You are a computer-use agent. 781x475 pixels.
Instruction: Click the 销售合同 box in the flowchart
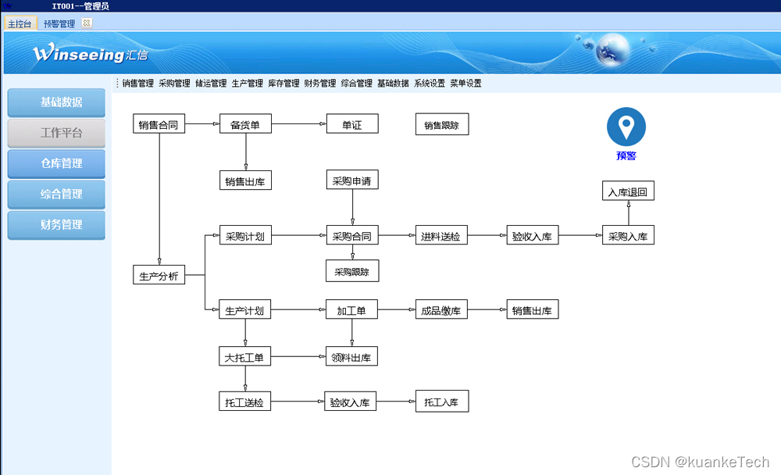coord(159,124)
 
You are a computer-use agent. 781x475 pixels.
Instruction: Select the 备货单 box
coord(245,124)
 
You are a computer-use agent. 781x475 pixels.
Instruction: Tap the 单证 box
coord(351,124)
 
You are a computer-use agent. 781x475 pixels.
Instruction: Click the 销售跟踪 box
coord(442,124)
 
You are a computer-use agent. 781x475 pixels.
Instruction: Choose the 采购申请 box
coord(351,180)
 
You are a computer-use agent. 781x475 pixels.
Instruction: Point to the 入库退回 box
coord(628,191)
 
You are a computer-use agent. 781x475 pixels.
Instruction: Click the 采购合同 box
coord(351,236)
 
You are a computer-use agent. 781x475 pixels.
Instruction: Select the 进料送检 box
coord(441,236)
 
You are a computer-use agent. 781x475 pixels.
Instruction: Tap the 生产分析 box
coord(159,275)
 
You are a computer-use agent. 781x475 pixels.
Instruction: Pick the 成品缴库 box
coord(441,310)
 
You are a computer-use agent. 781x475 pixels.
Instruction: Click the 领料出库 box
coord(351,357)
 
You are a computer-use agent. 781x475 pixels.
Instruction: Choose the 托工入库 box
coord(441,402)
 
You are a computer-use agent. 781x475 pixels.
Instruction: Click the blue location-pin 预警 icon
coord(626,127)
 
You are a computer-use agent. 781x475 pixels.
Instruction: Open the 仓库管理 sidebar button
coord(56,163)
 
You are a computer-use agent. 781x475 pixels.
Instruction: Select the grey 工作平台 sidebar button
coord(56,133)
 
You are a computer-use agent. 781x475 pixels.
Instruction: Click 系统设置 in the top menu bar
coord(430,84)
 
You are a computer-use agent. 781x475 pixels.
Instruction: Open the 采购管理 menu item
coord(174,84)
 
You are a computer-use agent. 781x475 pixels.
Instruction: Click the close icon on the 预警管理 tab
coord(87,23)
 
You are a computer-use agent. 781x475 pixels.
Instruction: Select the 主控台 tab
coord(20,23)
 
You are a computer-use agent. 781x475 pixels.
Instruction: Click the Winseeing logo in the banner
coord(90,54)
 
